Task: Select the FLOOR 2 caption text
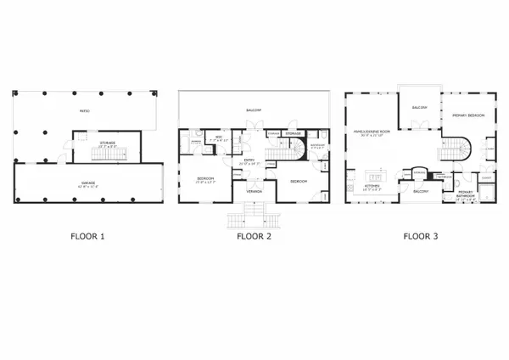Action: click(x=254, y=237)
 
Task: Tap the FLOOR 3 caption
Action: click(x=421, y=237)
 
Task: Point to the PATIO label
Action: click(x=84, y=110)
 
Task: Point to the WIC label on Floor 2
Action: click(x=217, y=137)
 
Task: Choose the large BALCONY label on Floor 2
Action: click(x=254, y=110)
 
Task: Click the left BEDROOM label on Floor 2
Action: click(x=205, y=179)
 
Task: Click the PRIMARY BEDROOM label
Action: click(x=467, y=115)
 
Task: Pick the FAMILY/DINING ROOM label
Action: click(x=371, y=132)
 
